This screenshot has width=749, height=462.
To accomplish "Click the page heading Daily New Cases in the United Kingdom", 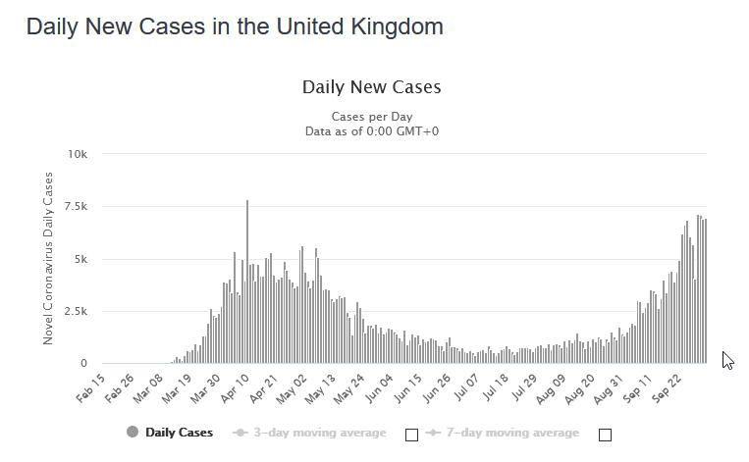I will click(x=235, y=26).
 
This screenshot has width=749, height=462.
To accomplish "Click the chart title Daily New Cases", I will click(x=371, y=87).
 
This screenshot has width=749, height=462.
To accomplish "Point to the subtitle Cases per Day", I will click(x=371, y=117).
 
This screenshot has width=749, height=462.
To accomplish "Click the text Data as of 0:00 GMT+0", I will click(x=371, y=131).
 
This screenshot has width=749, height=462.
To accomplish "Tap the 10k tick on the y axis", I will click(x=77, y=155).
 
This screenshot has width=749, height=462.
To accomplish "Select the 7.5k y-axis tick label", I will click(x=75, y=207).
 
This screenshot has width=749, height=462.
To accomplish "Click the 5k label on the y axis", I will click(x=80, y=260).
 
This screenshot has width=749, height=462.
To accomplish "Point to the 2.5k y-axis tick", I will click(x=75, y=312).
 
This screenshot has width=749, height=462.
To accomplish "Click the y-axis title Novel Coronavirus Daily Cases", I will click(x=48, y=259).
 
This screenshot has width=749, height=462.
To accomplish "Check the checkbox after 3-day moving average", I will click(x=411, y=435).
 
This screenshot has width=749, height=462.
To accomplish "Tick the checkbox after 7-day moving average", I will click(x=605, y=435).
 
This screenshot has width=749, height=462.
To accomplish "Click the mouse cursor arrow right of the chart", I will click(x=727, y=360).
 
